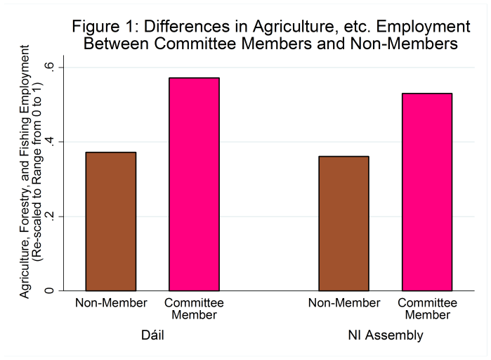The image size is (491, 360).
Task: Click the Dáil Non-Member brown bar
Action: point(111,221)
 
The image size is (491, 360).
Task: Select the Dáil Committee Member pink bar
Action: point(194,184)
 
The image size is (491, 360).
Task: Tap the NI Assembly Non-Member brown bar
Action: point(343,223)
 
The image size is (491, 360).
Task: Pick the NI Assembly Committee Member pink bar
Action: point(427,191)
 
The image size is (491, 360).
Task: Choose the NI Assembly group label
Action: point(386,335)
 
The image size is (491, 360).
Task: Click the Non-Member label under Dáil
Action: point(111,303)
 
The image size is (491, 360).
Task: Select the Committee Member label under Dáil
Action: point(194,309)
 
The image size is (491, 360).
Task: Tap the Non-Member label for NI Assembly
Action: point(343,303)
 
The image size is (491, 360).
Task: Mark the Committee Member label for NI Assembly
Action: point(427,309)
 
